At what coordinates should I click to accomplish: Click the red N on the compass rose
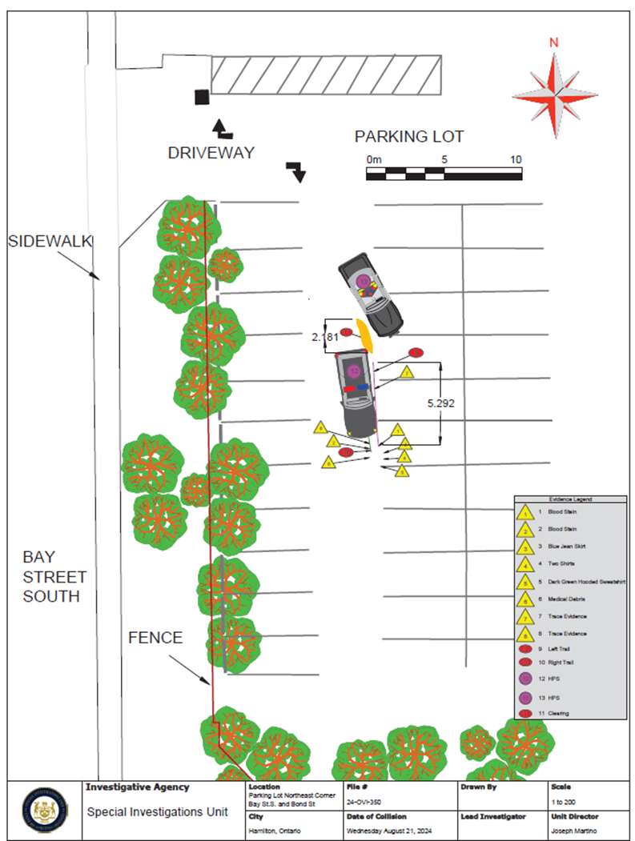tap(553, 43)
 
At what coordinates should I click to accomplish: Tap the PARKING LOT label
tap(409, 136)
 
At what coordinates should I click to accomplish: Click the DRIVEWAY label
tap(211, 153)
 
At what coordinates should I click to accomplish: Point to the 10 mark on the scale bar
tap(515, 160)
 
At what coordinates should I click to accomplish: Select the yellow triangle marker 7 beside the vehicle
tap(406, 373)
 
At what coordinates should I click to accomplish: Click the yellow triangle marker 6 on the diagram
tap(328, 462)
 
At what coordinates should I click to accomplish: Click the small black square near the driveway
tap(201, 97)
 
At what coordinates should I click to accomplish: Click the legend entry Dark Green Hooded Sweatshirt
tap(577, 582)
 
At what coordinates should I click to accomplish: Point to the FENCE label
tap(155, 638)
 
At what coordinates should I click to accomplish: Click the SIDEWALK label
tap(50, 241)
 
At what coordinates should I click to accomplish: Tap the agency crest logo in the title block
tap(45, 810)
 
